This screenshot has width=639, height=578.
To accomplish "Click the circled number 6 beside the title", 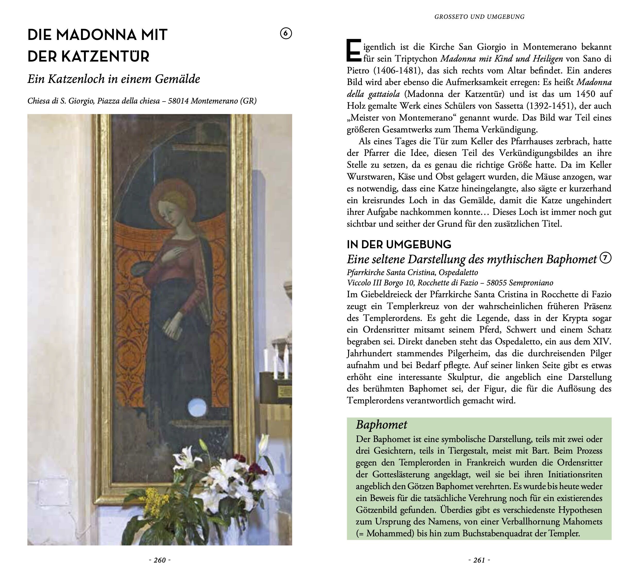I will click(286, 33).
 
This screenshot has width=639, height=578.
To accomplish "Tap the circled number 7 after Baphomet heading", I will click(606, 258).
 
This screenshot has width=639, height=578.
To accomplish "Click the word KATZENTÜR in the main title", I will click(105, 56).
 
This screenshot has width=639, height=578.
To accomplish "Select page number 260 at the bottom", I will click(160, 560).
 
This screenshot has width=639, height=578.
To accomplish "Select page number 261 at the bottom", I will click(479, 560).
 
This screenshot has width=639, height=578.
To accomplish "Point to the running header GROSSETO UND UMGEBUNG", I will click(479, 17).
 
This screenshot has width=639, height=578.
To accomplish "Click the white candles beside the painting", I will click(276, 361).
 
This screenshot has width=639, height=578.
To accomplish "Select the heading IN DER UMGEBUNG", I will click(399, 245).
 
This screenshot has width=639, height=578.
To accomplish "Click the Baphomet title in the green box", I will click(381, 425).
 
